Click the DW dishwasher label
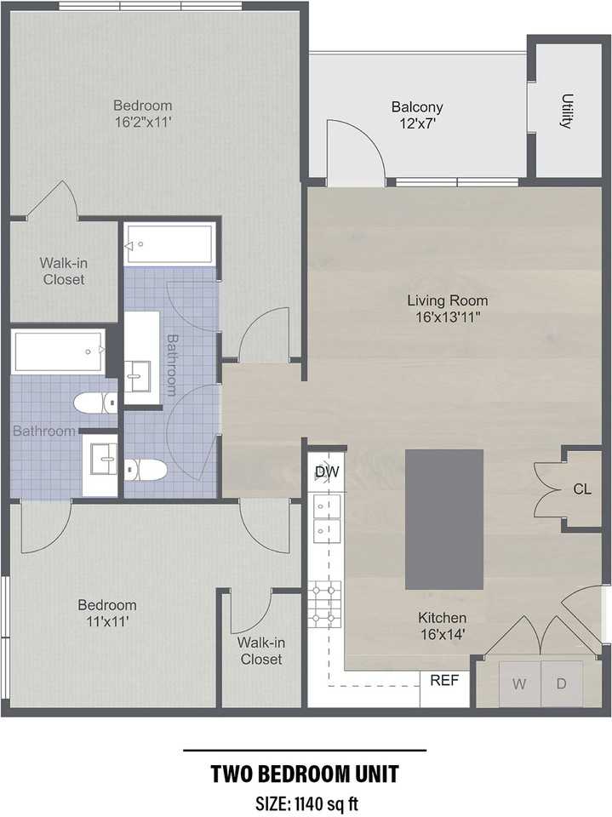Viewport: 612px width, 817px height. tap(326, 471)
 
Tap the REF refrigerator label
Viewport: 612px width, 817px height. tap(444, 681)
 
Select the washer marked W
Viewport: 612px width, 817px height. tap(518, 683)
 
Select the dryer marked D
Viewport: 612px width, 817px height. tap(562, 683)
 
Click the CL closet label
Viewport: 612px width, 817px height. tap(582, 489)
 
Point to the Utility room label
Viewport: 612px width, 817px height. tap(566, 111)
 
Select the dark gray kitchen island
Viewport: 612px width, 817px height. tap(444, 519)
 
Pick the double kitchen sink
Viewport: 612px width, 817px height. tap(326, 518)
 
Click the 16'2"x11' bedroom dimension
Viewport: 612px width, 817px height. tap(143, 122)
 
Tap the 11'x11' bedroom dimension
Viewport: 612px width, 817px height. tap(107, 621)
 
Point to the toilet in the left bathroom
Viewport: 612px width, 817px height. tap(94, 402)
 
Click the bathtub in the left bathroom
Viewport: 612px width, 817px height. tap(58, 351)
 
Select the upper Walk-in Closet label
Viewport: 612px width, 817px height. tap(63, 271)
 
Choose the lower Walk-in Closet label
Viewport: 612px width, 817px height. tap(260, 651)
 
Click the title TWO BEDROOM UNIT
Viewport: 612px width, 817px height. tap(305, 775)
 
